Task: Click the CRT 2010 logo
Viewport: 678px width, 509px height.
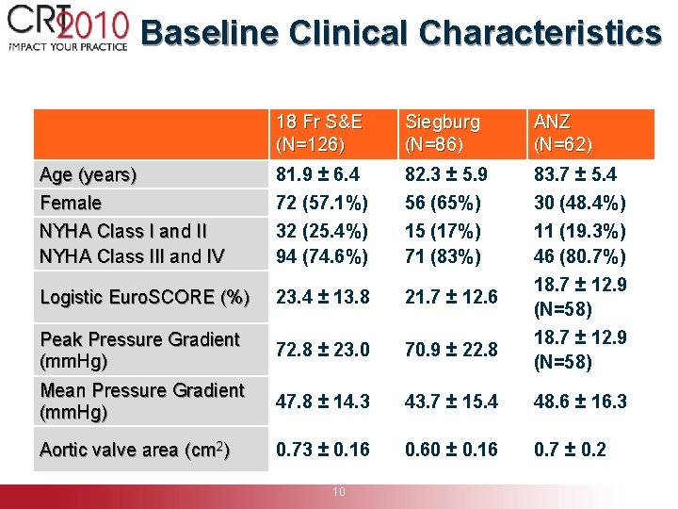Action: (x=66, y=26)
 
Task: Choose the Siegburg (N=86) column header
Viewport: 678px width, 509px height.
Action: (x=443, y=134)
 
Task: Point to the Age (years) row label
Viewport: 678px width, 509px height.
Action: (x=88, y=174)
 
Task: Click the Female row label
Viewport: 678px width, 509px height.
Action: (x=71, y=203)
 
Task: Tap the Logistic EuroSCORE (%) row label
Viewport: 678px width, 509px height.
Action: (x=144, y=297)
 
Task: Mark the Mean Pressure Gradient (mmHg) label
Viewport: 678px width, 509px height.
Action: (x=141, y=401)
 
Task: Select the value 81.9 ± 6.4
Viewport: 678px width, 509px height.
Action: (x=317, y=174)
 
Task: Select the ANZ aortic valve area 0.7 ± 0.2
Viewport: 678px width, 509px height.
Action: (x=571, y=450)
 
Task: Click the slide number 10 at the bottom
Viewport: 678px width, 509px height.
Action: (x=339, y=491)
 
